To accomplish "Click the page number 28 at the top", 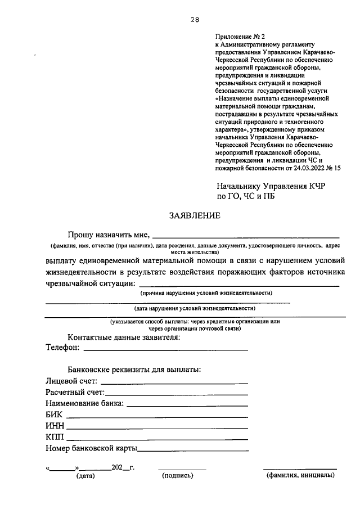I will (195, 19).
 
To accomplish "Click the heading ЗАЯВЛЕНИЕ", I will (195, 215).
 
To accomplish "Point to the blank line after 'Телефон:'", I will (165, 349).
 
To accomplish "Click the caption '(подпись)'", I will (178, 476).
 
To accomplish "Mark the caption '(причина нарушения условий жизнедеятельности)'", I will (206, 293).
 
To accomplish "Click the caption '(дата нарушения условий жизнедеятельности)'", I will (195, 308).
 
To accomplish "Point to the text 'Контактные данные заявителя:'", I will (124, 337).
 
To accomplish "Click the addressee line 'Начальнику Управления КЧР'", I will (272, 186).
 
